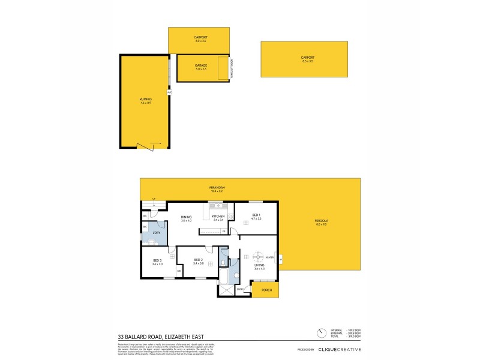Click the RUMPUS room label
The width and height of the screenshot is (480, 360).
point(145,99)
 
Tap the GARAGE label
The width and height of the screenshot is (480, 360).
point(200,65)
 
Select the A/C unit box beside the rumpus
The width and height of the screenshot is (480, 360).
point(169,92)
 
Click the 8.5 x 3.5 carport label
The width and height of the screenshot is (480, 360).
point(307,58)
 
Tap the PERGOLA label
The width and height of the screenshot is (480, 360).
point(321,221)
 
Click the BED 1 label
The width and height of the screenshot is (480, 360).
point(256,215)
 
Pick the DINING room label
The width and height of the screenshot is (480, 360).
point(185,218)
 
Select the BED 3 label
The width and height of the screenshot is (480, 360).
point(158,260)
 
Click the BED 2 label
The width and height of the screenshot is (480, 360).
point(198,260)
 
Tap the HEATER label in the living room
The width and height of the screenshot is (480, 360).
point(270,258)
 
